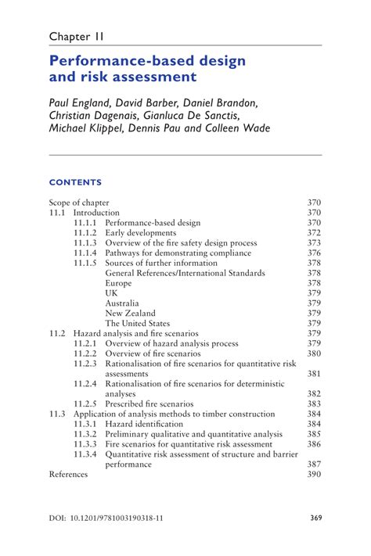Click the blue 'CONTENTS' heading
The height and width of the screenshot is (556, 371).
pos(75,183)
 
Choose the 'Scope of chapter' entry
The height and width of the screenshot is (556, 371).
pos(79,203)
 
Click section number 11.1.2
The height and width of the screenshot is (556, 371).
pos(85,233)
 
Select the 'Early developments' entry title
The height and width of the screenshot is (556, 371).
pos(141,233)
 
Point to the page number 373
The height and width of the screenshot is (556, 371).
pos(314,243)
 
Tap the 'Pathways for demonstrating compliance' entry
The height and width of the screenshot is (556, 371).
pos(178,253)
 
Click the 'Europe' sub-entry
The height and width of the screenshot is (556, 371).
pos(119,283)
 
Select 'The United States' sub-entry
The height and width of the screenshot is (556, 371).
pos(137,323)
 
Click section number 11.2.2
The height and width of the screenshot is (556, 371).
pos(85,353)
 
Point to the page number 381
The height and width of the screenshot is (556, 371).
pos(314,374)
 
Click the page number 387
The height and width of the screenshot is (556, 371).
pos(314,464)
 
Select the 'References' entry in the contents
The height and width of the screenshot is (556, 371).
pos(69,474)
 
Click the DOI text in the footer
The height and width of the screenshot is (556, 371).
pos(101,517)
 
